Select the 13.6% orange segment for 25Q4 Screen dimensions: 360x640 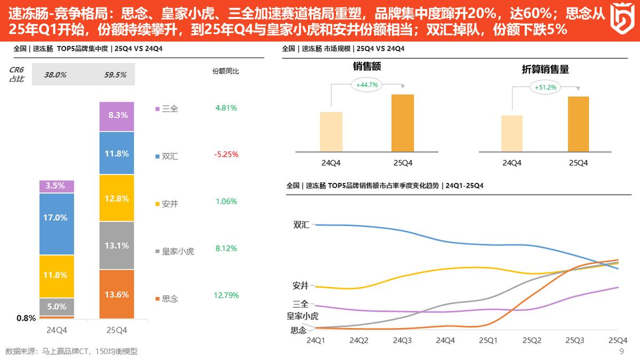point(117,294)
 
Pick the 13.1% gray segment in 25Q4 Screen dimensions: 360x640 point(117,245)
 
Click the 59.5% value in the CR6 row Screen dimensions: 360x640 point(115,75)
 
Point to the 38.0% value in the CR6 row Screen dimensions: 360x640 point(55,75)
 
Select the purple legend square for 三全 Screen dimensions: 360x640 point(157,109)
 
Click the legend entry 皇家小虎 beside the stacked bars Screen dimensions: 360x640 point(178,251)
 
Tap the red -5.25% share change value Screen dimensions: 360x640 point(226,155)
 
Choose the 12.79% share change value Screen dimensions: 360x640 point(226,295)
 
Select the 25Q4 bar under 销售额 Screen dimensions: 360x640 point(402,123)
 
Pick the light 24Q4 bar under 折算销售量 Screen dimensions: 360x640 point(512,133)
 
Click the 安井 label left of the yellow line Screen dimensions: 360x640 point(300,285)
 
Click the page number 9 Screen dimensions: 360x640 point(621,351)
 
